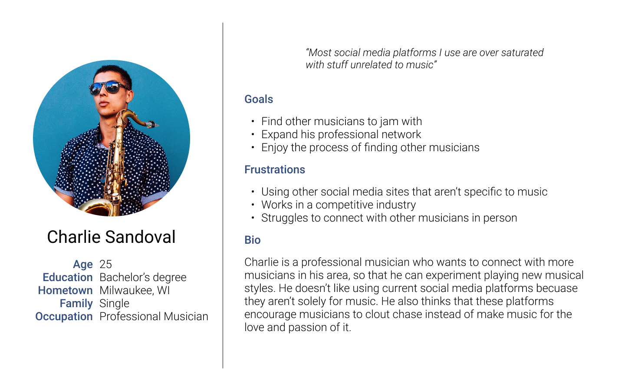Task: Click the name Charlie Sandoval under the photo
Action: tap(111, 237)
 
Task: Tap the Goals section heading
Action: tap(259, 99)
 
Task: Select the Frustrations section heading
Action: tap(275, 169)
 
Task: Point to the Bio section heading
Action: tap(253, 240)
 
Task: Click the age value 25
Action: tap(106, 264)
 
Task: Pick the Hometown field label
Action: tap(65, 291)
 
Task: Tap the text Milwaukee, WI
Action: tap(135, 291)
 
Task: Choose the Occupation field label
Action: tap(64, 317)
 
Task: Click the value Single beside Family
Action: tap(115, 304)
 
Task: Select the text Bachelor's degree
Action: tap(143, 278)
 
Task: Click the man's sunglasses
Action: tap(108, 87)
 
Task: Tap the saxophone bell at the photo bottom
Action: tap(96, 208)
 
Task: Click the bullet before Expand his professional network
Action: tap(253, 135)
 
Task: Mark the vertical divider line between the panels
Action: tap(223, 195)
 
